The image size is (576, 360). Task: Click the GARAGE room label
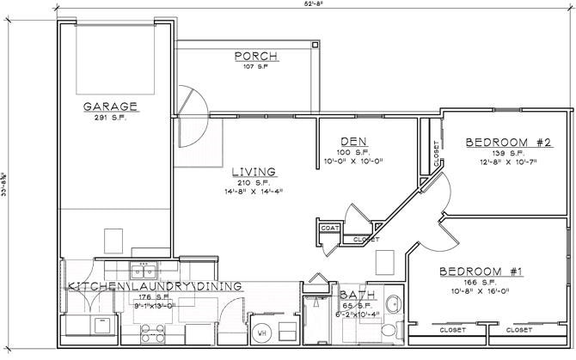(x=111, y=106)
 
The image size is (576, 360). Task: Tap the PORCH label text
(x=254, y=57)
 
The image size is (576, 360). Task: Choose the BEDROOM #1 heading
(x=482, y=272)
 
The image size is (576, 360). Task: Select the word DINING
(x=219, y=285)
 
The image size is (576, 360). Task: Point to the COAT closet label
(x=329, y=229)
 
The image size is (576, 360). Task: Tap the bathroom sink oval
(x=393, y=304)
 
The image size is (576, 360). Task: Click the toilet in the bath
(x=389, y=330)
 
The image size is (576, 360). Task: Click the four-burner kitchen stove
(x=151, y=328)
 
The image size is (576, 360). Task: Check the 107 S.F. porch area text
(x=254, y=67)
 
